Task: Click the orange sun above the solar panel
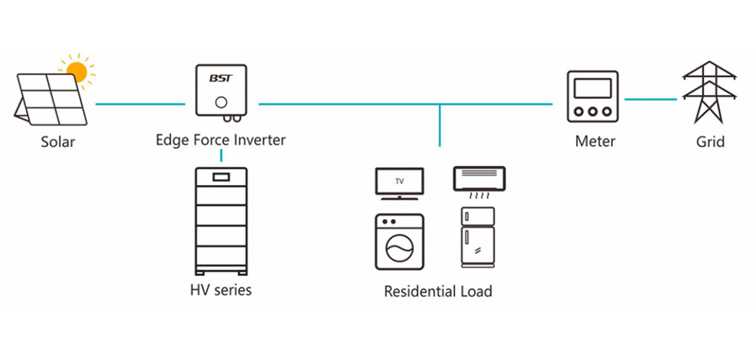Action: click(x=77, y=71)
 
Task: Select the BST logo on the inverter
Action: click(x=221, y=79)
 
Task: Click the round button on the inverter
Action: click(x=221, y=102)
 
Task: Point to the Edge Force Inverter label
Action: click(x=220, y=140)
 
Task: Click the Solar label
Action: click(x=58, y=142)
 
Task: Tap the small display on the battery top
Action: click(x=221, y=177)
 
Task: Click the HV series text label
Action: click(x=221, y=290)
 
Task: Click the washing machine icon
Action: click(x=399, y=242)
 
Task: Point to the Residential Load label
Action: click(x=438, y=291)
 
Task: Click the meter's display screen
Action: click(x=592, y=88)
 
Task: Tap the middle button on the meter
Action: click(x=593, y=111)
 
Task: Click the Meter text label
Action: click(x=595, y=142)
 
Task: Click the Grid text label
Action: click(x=710, y=142)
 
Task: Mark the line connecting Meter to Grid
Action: click(x=650, y=99)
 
